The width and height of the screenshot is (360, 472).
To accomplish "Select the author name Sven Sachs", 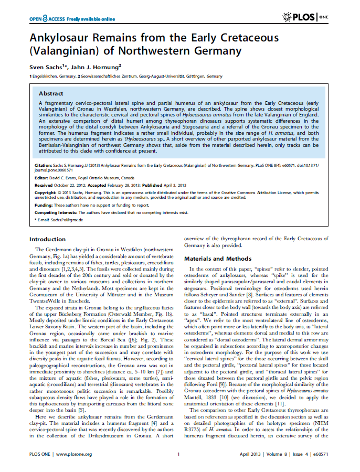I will pyautogui.click(x=46, y=66).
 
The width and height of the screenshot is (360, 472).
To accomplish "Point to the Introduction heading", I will pyautogui.click(x=47, y=239).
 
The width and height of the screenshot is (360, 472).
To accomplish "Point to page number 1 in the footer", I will pyautogui.click(x=179, y=454).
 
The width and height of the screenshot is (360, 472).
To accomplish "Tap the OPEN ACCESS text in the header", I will pyautogui.click(x=53, y=19).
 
